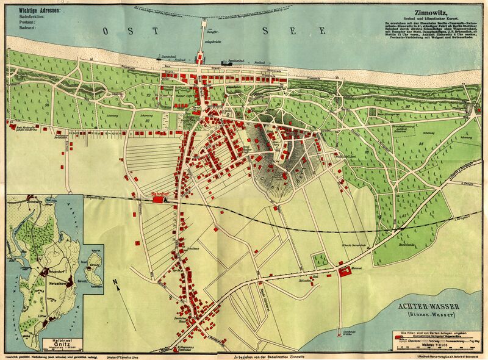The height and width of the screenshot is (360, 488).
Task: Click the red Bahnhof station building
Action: (160, 198)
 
